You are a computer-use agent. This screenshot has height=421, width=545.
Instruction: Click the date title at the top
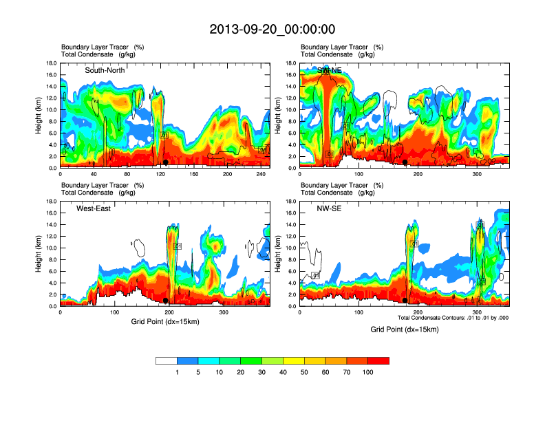click(272, 29)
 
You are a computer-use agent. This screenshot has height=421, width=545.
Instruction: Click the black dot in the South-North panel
click(166, 162)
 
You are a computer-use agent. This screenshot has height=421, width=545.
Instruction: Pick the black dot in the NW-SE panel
click(405, 301)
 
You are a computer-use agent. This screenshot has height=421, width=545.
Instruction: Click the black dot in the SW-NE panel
click(405, 162)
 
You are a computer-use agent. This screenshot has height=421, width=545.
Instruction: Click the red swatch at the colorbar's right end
click(378, 360)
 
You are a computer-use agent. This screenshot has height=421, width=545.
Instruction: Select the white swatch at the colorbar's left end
click(166, 360)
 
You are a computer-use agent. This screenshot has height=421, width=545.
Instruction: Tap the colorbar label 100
click(368, 372)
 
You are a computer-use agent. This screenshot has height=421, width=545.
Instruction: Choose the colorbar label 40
click(284, 372)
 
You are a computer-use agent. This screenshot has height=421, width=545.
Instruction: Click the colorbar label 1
click(177, 372)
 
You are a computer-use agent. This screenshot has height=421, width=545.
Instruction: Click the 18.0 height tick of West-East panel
click(50, 202)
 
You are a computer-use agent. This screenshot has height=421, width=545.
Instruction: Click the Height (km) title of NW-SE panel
click(278, 254)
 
